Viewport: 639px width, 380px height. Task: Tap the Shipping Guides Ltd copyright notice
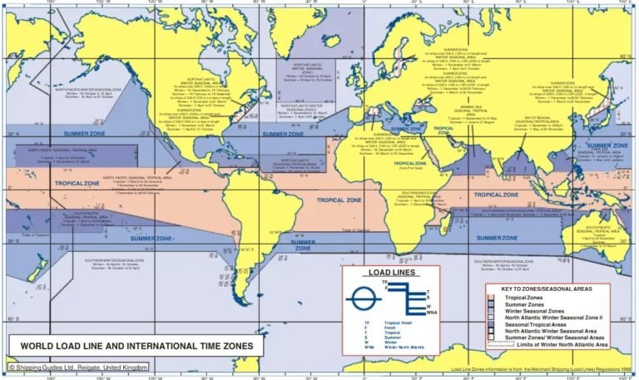(79, 367)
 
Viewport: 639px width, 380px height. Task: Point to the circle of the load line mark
(364, 298)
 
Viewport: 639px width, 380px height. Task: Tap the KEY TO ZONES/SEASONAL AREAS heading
(546, 289)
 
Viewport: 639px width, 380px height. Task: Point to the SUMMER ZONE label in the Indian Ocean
(501, 239)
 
